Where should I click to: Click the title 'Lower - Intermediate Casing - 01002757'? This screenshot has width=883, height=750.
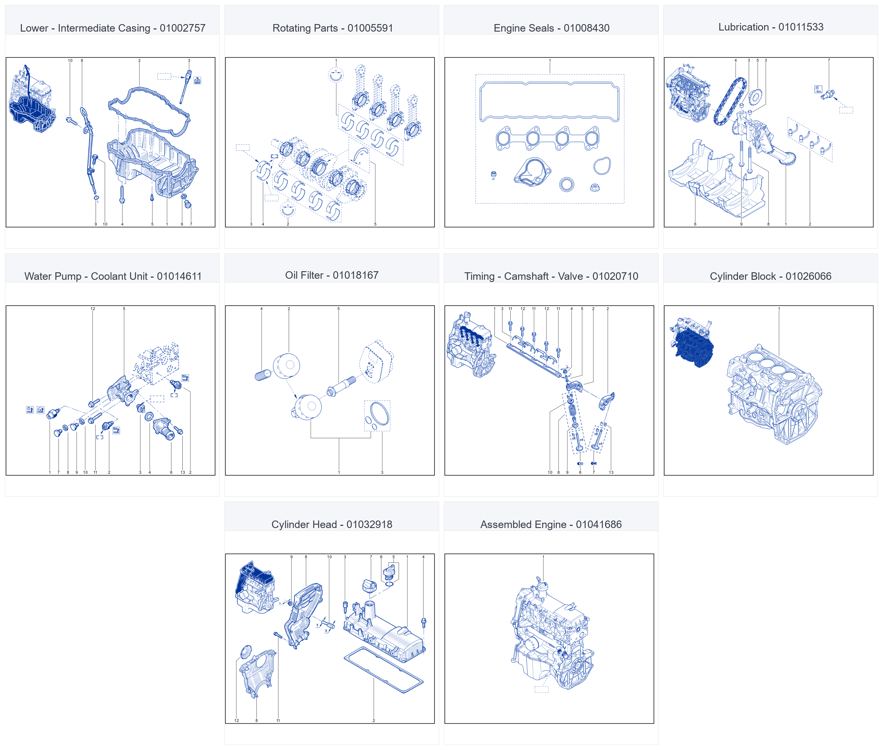pos(113,28)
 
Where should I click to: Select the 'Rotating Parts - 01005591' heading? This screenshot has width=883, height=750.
pos(333,28)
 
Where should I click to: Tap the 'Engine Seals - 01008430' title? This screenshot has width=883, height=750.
pos(552,28)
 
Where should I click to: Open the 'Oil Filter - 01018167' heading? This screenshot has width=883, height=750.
pos(332,275)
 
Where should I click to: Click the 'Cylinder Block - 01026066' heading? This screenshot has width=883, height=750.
pos(770,276)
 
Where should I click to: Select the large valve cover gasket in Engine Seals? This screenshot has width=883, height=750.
pos(549,102)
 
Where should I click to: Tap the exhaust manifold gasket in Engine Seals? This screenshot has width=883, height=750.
pos(548,138)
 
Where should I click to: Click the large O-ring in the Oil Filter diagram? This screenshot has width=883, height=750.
pos(380,413)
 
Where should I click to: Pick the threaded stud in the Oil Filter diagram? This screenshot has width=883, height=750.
pos(341,386)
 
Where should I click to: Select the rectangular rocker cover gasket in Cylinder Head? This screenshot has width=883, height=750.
pos(383,670)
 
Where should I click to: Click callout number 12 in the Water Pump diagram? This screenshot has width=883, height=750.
pos(93,309)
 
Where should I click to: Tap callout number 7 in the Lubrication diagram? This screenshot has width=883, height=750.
pos(829,60)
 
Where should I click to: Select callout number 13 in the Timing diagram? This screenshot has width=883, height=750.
pos(611,472)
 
